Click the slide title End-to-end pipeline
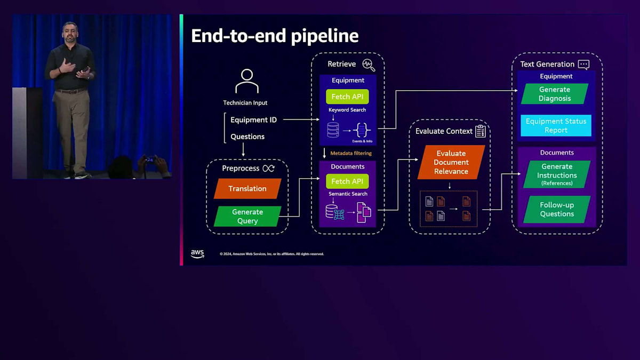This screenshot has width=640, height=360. point(275,36)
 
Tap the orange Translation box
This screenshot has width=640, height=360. point(247,189)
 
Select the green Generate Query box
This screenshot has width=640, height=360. point(247,216)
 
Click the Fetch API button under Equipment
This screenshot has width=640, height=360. point(347,97)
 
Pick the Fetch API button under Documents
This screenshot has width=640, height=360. point(347,181)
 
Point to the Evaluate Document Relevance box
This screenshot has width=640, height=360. point(451,162)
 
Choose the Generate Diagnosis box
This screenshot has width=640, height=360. point(555,94)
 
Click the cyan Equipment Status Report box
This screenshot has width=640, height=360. point(556,125)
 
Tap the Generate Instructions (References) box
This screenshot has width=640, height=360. point(557,174)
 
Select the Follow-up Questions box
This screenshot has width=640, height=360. point(557,209)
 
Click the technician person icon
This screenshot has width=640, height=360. point(246,81)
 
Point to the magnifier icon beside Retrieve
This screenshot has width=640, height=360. point(369,65)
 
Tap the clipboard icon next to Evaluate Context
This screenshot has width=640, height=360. point(481,131)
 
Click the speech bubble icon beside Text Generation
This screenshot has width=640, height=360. point(583,65)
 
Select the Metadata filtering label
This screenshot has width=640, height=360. point(351,153)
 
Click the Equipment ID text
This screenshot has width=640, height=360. point(253,120)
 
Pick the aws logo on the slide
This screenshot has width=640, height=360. point(197,254)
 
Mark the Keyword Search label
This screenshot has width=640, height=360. point(347,110)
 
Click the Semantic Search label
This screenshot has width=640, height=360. point(348,194)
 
